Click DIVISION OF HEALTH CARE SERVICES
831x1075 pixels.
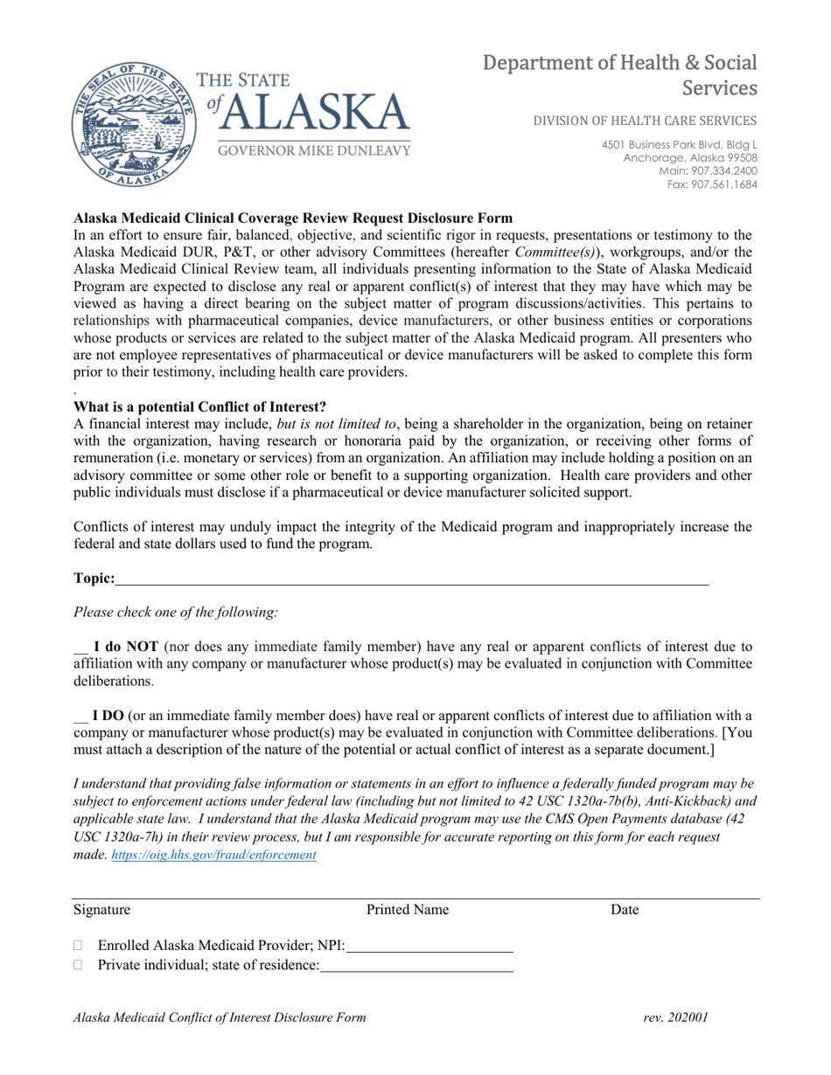coord(646,121)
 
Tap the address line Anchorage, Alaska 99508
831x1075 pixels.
coord(690,157)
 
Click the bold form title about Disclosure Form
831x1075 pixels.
coord(293,218)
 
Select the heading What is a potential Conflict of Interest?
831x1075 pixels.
coord(200,406)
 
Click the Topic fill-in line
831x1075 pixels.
coord(411,578)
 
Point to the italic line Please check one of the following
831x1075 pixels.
coord(176,612)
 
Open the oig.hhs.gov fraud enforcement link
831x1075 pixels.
coord(214,856)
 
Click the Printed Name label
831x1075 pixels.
coord(408,910)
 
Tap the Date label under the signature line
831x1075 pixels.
coord(625,910)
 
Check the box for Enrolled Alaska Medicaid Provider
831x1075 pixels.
coord(80,945)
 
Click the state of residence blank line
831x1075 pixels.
coord(416,966)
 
